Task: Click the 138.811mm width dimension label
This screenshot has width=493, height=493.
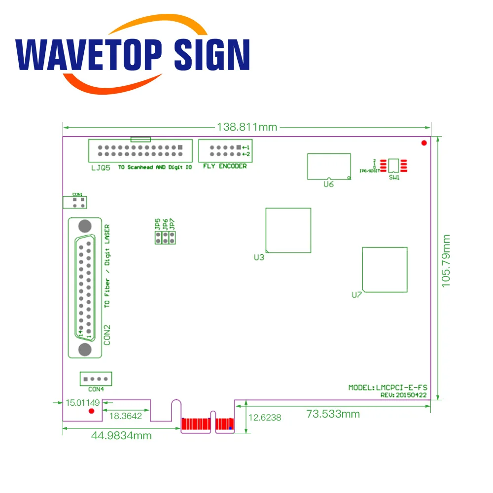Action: click(247, 127)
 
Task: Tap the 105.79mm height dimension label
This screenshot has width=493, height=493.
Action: click(446, 260)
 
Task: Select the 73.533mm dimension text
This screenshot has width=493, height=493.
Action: click(333, 414)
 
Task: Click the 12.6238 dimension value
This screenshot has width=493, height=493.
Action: click(264, 418)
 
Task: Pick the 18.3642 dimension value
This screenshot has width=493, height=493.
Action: click(125, 416)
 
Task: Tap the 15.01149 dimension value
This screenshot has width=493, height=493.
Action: click(83, 403)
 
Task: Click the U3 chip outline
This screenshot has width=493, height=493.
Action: click(288, 230)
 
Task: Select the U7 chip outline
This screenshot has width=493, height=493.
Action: click(385, 269)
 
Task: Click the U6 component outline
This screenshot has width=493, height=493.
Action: click(329, 167)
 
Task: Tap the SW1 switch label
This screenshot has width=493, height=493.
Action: click(394, 178)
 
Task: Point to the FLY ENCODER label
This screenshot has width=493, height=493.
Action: click(225, 166)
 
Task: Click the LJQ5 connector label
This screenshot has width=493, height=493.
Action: click(100, 168)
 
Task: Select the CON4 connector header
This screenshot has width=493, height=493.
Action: click(96, 379)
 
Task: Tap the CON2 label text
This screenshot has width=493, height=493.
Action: click(107, 334)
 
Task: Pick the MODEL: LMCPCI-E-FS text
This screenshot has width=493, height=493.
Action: click(387, 387)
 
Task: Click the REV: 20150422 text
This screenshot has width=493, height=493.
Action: click(404, 394)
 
